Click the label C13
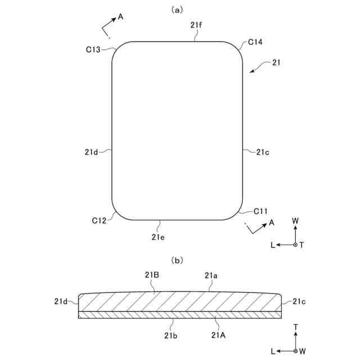[93, 49]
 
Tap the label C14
[255, 42]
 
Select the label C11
[260, 211]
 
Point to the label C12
[100, 220]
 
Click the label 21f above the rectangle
[197, 25]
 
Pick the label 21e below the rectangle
[158, 237]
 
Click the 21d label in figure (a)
[92, 152]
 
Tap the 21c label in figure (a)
[263, 152]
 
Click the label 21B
[152, 275]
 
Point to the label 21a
[211, 275]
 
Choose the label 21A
[218, 335]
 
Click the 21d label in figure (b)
[61, 301]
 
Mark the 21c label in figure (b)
[298, 301]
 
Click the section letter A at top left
[120, 17]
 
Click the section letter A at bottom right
[271, 223]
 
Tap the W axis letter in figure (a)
[295, 221]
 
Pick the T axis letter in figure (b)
[295, 326]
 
